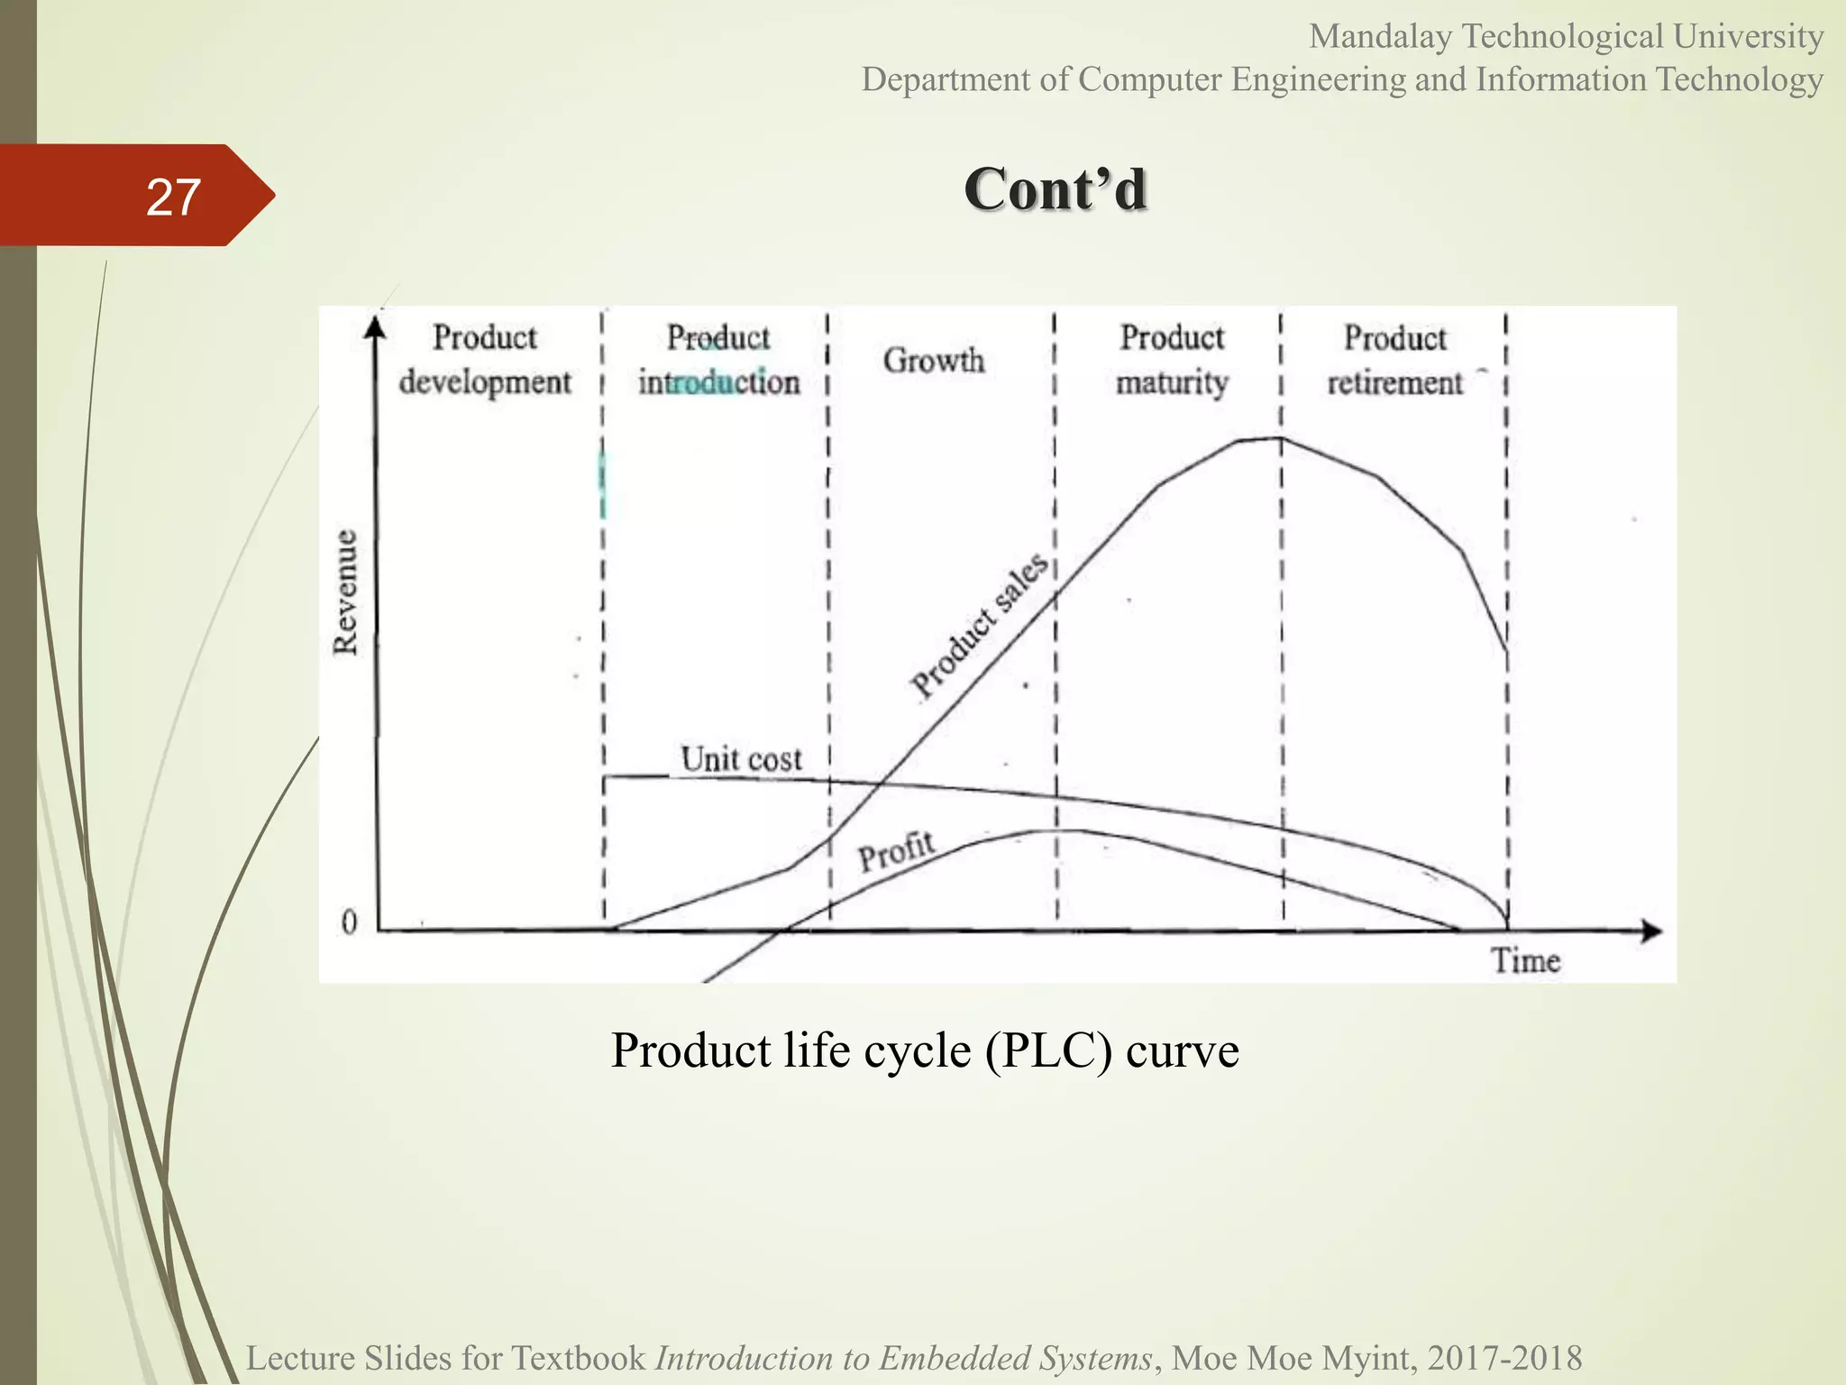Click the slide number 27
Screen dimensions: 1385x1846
(x=173, y=197)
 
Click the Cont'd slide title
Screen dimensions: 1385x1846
(x=1055, y=189)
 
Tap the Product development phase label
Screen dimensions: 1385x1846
(x=485, y=359)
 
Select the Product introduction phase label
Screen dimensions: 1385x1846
(x=718, y=360)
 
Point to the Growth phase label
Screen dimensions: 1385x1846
(x=934, y=361)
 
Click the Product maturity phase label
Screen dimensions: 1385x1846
(x=1172, y=360)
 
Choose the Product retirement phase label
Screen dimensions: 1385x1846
(x=1394, y=360)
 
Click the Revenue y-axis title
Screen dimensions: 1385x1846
(x=345, y=592)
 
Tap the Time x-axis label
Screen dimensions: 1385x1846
(x=1525, y=960)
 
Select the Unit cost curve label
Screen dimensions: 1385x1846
(x=741, y=759)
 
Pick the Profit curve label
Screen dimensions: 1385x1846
(x=896, y=851)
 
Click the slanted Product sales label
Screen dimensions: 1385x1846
(x=980, y=625)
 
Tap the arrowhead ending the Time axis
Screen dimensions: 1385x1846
(x=1651, y=931)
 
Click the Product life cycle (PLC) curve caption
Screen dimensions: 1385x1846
(x=925, y=1050)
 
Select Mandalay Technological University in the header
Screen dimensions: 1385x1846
(x=1566, y=37)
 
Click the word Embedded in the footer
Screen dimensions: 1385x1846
(x=956, y=1358)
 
